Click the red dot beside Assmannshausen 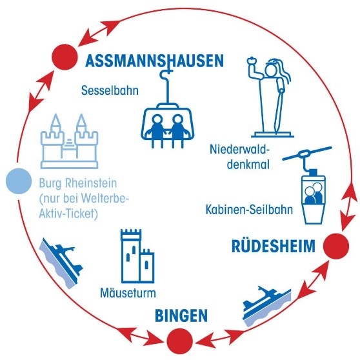[x=65, y=57]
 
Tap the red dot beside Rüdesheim [x=336, y=246]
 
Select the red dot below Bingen [x=179, y=341]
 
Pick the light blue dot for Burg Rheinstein [x=19, y=181]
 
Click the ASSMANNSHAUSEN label [x=154, y=61]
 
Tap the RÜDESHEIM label [x=274, y=245]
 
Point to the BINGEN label [x=181, y=315]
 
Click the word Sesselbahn [x=110, y=90]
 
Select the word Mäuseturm [x=128, y=293]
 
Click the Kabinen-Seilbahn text [x=249, y=210]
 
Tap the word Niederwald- [x=239, y=150]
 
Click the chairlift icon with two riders [x=168, y=107]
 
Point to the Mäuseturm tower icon [x=137, y=256]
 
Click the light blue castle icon [x=69, y=141]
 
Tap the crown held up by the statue [x=252, y=61]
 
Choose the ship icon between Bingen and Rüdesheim [x=267, y=306]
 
